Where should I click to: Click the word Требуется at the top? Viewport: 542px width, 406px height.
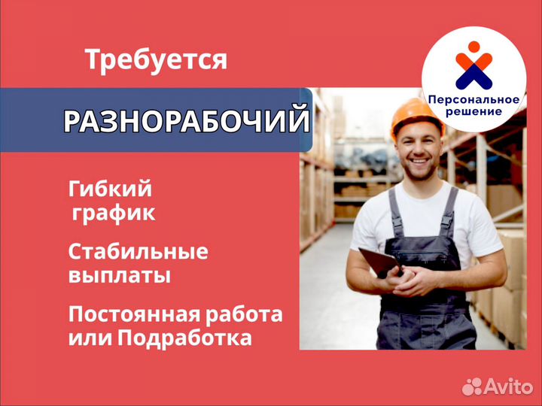pyautogui.click(x=156, y=60)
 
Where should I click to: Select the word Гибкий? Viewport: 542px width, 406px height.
pyautogui.click(x=110, y=189)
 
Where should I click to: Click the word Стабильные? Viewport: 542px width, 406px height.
pyautogui.click(x=139, y=252)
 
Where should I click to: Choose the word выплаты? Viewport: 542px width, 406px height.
pyautogui.click(x=120, y=276)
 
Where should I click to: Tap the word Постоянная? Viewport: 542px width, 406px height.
pyautogui.click(x=133, y=314)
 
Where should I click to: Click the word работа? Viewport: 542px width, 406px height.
pyautogui.click(x=244, y=314)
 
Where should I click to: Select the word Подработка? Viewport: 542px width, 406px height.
pyautogui.click(x=184, y=338)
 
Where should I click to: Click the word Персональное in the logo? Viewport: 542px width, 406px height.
pyautogui.click(x=473, y=100)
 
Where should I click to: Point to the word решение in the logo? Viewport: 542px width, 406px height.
pyautogui.click(x=473, y=111)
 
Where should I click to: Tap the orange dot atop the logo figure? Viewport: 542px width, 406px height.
pyautogui.click(x=473, y=47)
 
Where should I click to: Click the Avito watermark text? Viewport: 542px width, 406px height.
pyautogui.click(x=508, y=386)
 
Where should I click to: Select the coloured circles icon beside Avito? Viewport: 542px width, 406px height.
pyautogui.click(x=472, y=386)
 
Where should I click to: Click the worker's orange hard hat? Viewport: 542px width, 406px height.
pyautogui.click(x=417, y=117)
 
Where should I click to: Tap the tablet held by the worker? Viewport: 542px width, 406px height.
pyautogui.click(x=380, y=262)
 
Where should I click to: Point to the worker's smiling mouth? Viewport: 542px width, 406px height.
pyautogui.click(x=419, y=161)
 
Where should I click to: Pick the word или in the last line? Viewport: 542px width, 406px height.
pyautogui.click(x=90, y=338)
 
